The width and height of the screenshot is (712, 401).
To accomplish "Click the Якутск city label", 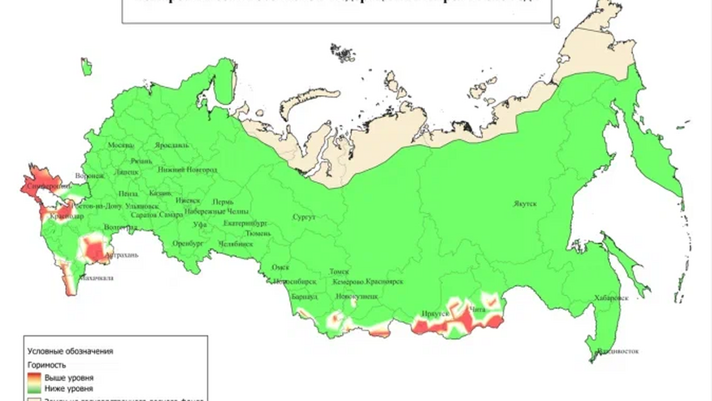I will point(525,204).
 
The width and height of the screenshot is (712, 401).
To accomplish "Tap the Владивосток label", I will point(618,351).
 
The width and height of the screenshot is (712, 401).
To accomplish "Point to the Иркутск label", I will point(436,314).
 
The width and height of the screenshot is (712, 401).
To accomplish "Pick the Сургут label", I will point(303,217).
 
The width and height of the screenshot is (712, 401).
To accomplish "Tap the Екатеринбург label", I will point(246,223).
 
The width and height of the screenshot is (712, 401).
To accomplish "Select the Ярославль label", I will point(172,145).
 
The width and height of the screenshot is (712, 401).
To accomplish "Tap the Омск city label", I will point(280,268).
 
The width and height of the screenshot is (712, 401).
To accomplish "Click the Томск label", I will point(339,272).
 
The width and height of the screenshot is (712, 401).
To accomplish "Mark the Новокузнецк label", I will point(357,297).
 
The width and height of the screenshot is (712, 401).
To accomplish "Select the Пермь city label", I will point(223,202).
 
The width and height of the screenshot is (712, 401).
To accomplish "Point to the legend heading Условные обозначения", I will point(70,351).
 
